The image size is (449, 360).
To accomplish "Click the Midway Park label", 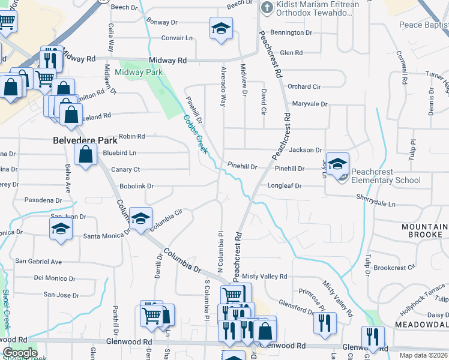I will [139, 73].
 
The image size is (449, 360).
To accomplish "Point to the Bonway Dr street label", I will [162, 22].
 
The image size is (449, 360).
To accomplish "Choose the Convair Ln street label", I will [177, 38].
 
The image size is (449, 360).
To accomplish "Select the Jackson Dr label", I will [306, 150].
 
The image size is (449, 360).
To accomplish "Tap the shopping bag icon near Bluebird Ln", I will [86, 155].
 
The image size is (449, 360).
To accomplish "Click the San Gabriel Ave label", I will [38, 262].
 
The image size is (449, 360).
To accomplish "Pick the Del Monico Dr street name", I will [55, 278].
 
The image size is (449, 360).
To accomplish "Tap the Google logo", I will [20, 353].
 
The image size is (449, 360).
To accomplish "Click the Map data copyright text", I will [423, 355].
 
